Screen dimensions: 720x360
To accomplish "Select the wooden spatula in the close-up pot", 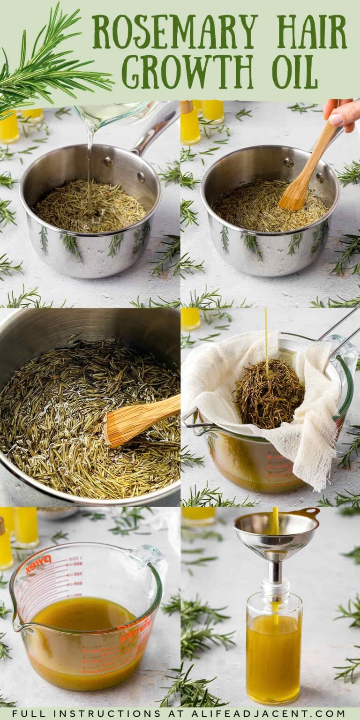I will coord(141,420).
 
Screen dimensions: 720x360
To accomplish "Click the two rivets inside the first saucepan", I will coord(125,169).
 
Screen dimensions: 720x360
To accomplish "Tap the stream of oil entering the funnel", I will coord(275,519).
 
